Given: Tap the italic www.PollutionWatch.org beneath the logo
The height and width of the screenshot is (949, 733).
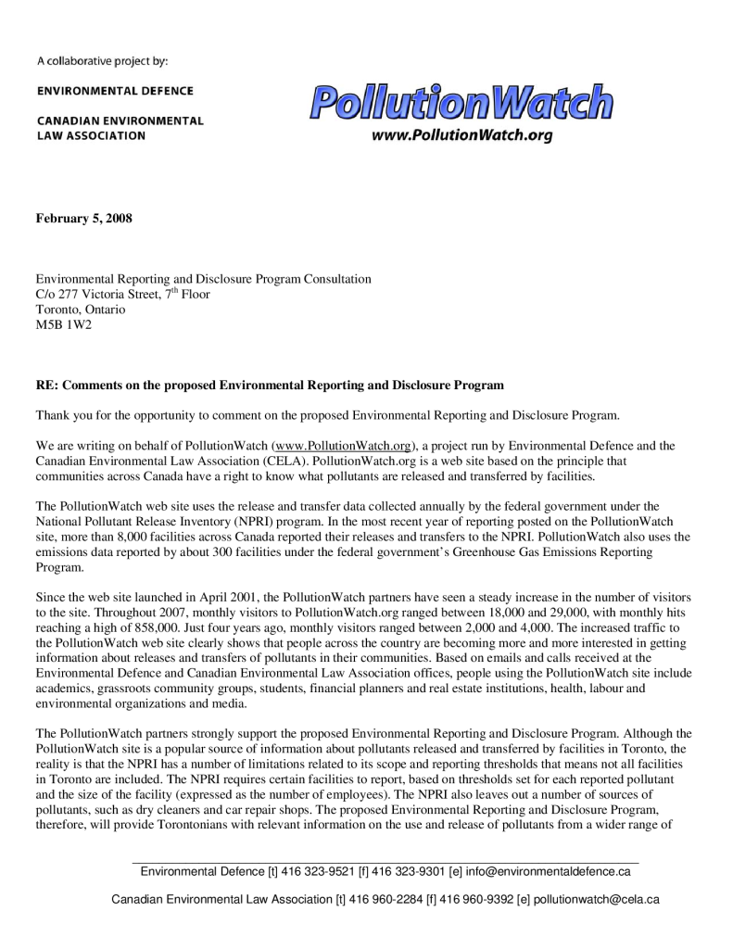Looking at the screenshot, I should coord(461,136).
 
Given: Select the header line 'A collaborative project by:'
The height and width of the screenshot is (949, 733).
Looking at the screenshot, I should coord(102,61).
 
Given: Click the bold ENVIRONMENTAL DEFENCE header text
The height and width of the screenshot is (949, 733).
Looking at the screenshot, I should coord(115,91).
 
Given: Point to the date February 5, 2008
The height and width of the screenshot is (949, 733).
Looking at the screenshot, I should coord(83,219).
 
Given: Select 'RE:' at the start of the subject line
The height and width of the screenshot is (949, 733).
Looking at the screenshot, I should coord(46,385).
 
